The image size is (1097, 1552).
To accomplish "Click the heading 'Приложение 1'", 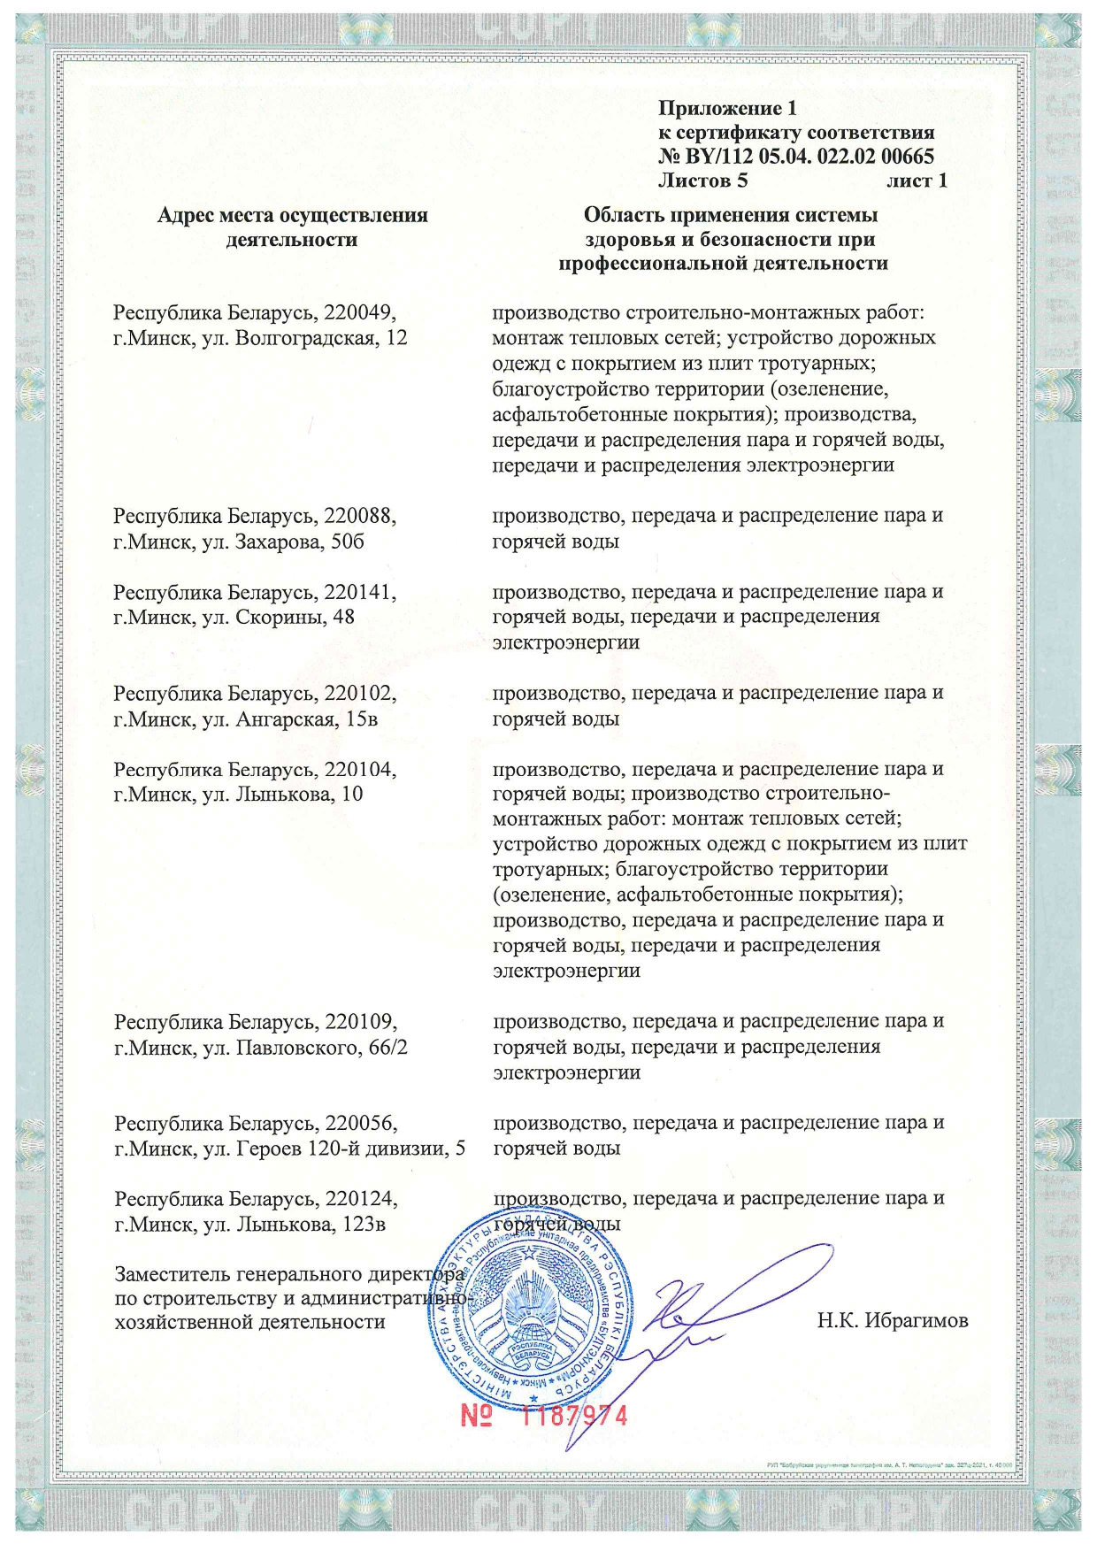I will click(727, 109).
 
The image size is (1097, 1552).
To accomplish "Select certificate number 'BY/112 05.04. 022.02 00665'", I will click(809, 157).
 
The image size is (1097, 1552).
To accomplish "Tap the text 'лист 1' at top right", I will click(917, 181).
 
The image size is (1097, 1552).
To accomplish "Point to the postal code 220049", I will click(359, 312).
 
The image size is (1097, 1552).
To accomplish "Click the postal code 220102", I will click(360, 693).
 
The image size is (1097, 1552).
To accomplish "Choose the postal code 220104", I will click(360, 769).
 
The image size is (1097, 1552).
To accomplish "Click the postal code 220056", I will click(361, 1124).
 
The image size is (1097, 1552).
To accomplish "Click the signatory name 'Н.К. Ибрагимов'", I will click(893, 1321).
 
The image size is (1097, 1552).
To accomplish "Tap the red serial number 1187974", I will click(574, 1416).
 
